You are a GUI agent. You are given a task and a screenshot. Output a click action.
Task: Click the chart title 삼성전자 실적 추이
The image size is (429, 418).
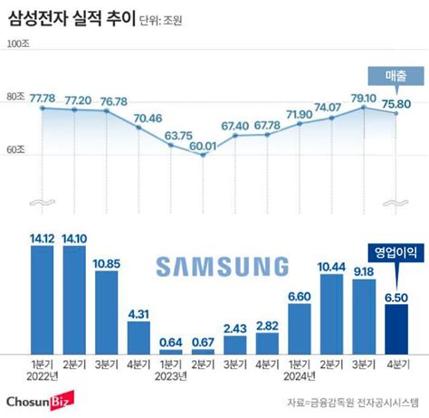[x=71, y=17]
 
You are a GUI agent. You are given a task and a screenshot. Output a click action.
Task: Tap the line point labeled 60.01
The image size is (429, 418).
[x=203, y=155]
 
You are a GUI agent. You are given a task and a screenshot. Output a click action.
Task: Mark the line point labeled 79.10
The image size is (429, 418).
[x=364, y=107]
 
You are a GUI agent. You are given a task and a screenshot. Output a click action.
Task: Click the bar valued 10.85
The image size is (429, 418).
[x=107, y=311]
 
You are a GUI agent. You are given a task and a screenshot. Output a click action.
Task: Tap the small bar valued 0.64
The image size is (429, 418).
[x=171, y=350]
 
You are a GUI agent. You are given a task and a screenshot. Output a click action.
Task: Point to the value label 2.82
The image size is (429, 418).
[x=268, y=326]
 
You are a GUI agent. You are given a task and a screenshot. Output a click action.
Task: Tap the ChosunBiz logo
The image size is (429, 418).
[x=39, y=398]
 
